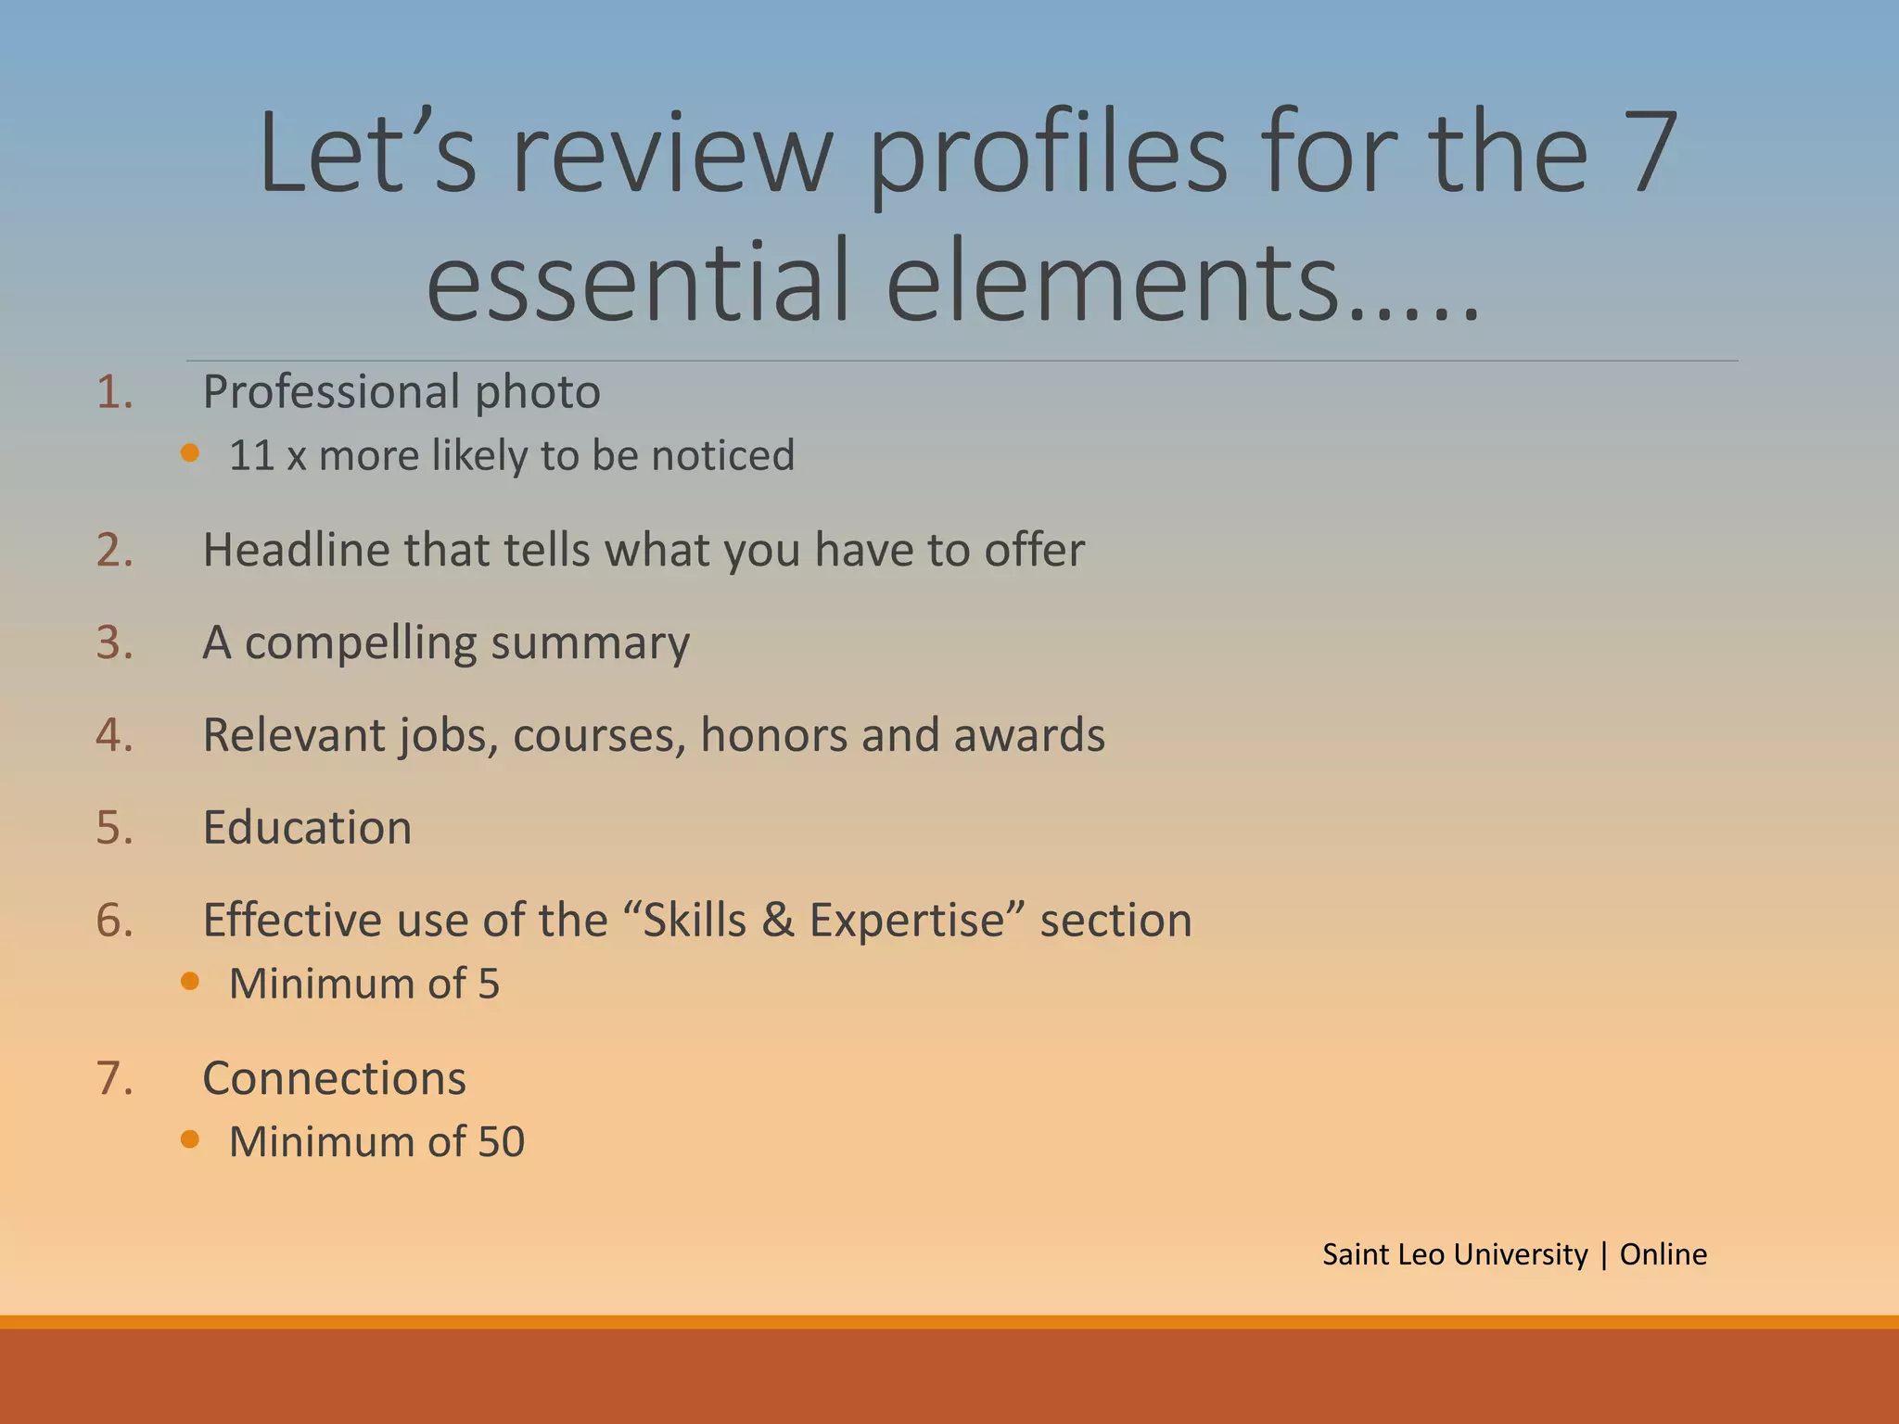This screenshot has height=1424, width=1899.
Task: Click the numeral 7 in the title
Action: click(1648, 153)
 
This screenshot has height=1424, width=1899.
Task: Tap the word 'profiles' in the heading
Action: click(1048, 156)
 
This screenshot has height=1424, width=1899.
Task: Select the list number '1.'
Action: click(115, 392)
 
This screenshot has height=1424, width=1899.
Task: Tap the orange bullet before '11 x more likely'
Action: click(190, 453)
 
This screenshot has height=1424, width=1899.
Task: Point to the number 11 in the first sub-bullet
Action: click(251, 455)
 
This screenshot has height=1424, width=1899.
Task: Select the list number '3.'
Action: click(115, 642)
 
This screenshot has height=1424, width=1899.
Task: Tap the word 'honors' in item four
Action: click(773, 735)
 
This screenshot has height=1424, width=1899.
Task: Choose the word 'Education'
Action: click(307, 828)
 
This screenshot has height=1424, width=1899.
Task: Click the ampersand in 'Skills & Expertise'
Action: click(778, 921)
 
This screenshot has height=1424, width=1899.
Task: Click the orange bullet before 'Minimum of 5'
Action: click(190, 982)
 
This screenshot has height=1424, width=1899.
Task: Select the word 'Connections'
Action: click(334, 1078)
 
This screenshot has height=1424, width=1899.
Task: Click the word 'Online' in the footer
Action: click(1663, 1254)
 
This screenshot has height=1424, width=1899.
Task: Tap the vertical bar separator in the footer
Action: click(1603, 1255)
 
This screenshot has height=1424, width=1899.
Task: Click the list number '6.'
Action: click(115, 921)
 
